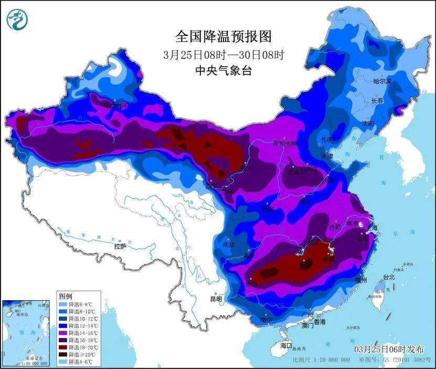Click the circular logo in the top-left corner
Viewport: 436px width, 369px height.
[17, 19]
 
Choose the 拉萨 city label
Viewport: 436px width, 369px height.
[120, 246]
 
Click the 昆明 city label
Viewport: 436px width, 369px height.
[216, 299]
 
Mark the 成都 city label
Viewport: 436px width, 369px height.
[228, 244]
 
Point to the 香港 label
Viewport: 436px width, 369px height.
[320, 321]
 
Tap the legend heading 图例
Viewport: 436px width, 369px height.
[66, 297]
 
